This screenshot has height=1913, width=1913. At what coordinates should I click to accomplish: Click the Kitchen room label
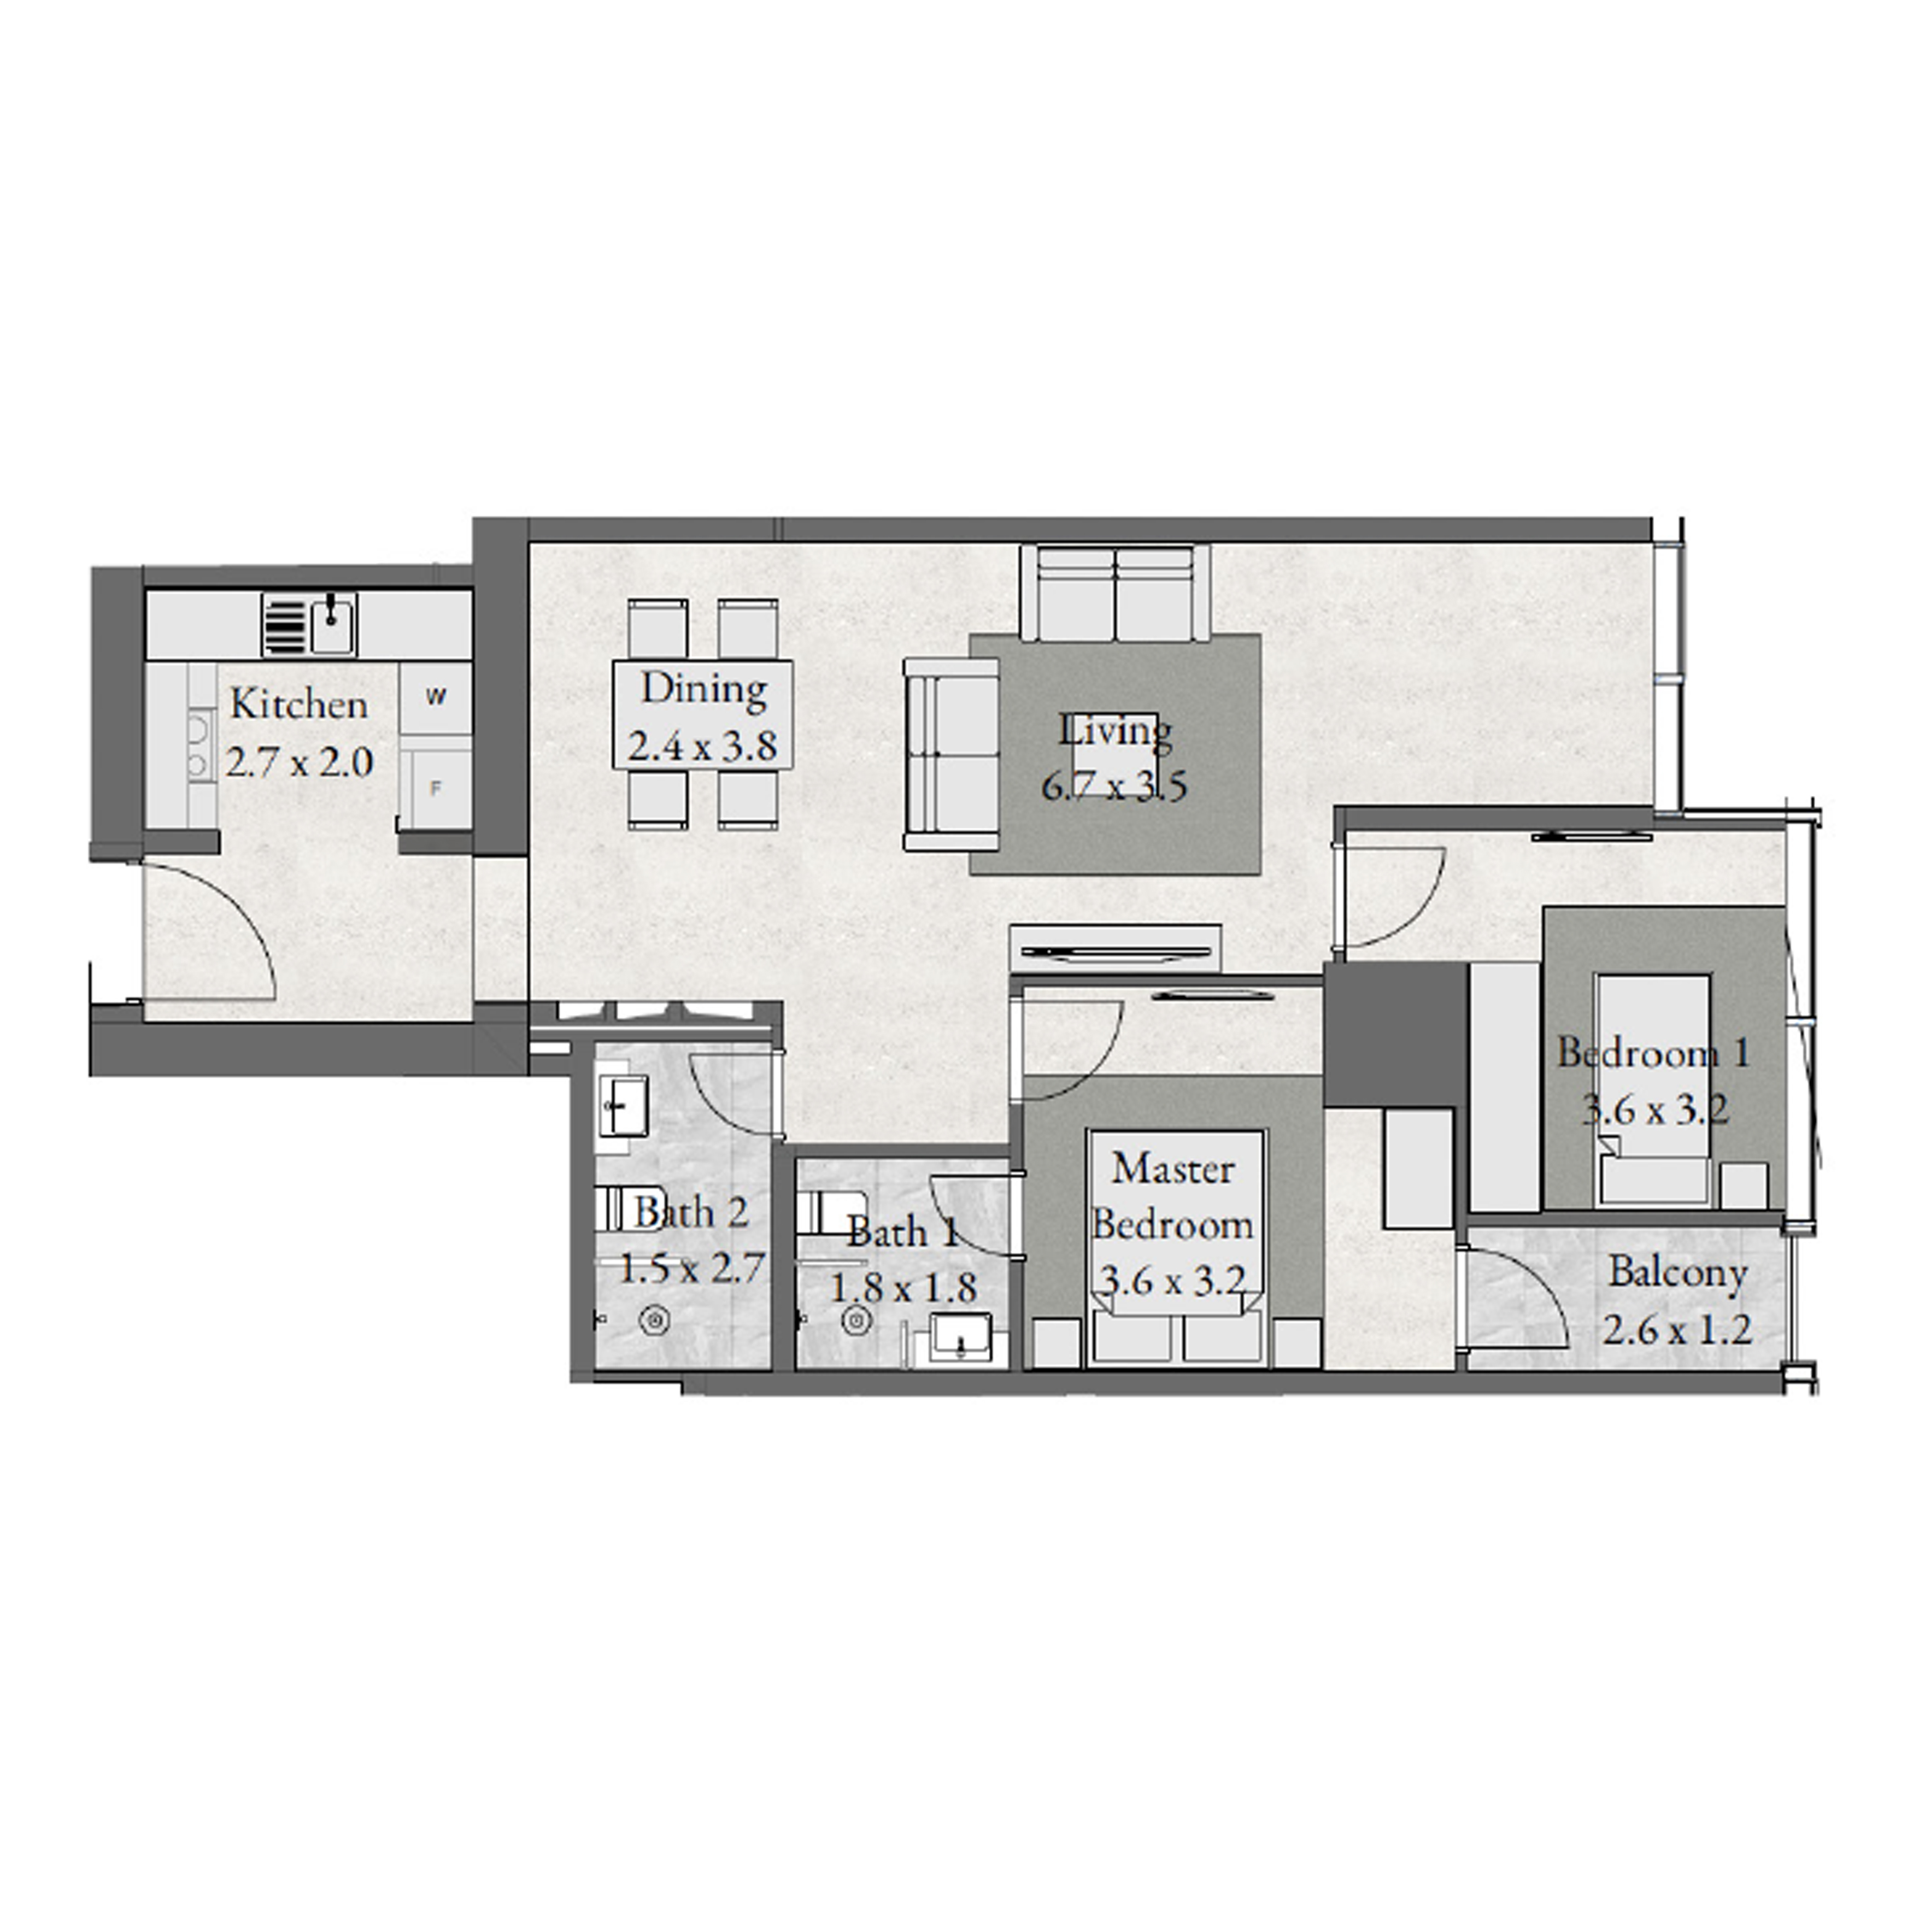[299, 705]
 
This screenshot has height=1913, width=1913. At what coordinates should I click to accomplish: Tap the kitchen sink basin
[333, 625]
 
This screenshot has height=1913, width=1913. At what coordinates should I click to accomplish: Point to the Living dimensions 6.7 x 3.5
[1114, 787]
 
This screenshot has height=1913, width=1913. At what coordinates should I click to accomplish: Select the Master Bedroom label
[1173, 1197]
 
